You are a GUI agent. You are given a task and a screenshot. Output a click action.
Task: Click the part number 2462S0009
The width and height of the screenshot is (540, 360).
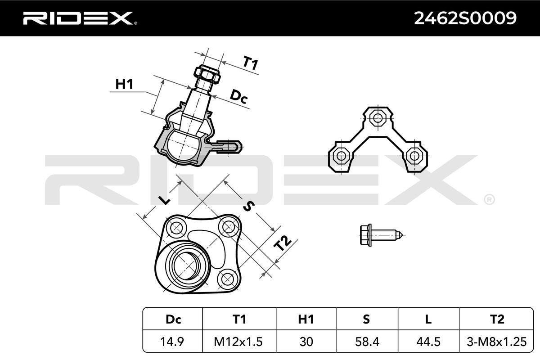click(x=465, y=18)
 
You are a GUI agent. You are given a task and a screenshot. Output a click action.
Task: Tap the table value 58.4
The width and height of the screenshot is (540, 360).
click(x=366, y=342)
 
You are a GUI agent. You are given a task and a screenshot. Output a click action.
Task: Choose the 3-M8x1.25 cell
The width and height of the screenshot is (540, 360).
click(x=496, y=342)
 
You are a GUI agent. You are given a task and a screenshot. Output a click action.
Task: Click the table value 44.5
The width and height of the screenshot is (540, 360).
click(x=428, y=342)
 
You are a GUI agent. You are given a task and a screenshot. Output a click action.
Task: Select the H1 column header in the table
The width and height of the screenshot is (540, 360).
click(x=306, y=319)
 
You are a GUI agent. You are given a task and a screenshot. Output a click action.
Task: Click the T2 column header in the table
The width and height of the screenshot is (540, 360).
click(x=496, y=319)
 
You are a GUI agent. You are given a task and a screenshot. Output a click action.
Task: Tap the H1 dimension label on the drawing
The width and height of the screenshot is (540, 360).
click(x=124, y=84)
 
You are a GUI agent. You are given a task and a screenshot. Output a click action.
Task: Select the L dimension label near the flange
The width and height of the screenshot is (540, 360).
click(x=164, y=200)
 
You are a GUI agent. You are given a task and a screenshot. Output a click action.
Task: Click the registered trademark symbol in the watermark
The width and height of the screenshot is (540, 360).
click(x=489, y=199)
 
